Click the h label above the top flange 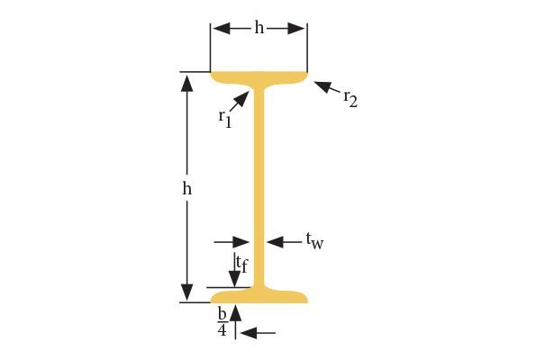tap(259, 27)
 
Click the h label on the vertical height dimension tap(186, 187)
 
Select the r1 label tap(225, 119)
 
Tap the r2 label tap(350, 99)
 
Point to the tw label tap(314, 241)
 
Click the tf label tap(241, 264)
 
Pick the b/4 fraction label tap(223, 323)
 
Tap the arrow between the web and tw tap(285, 242)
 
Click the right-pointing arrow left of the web tap(232, 242)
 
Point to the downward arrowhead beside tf tap(235, 278)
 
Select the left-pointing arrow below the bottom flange tap(258, 332)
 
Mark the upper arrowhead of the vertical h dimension tap(187, 83)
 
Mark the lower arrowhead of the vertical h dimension tap(187, 292)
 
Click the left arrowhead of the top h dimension tap(222, 29)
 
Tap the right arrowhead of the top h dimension tap(296, 29)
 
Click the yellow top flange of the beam tap(259, 78)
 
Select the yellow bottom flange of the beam tap(259, 296)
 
